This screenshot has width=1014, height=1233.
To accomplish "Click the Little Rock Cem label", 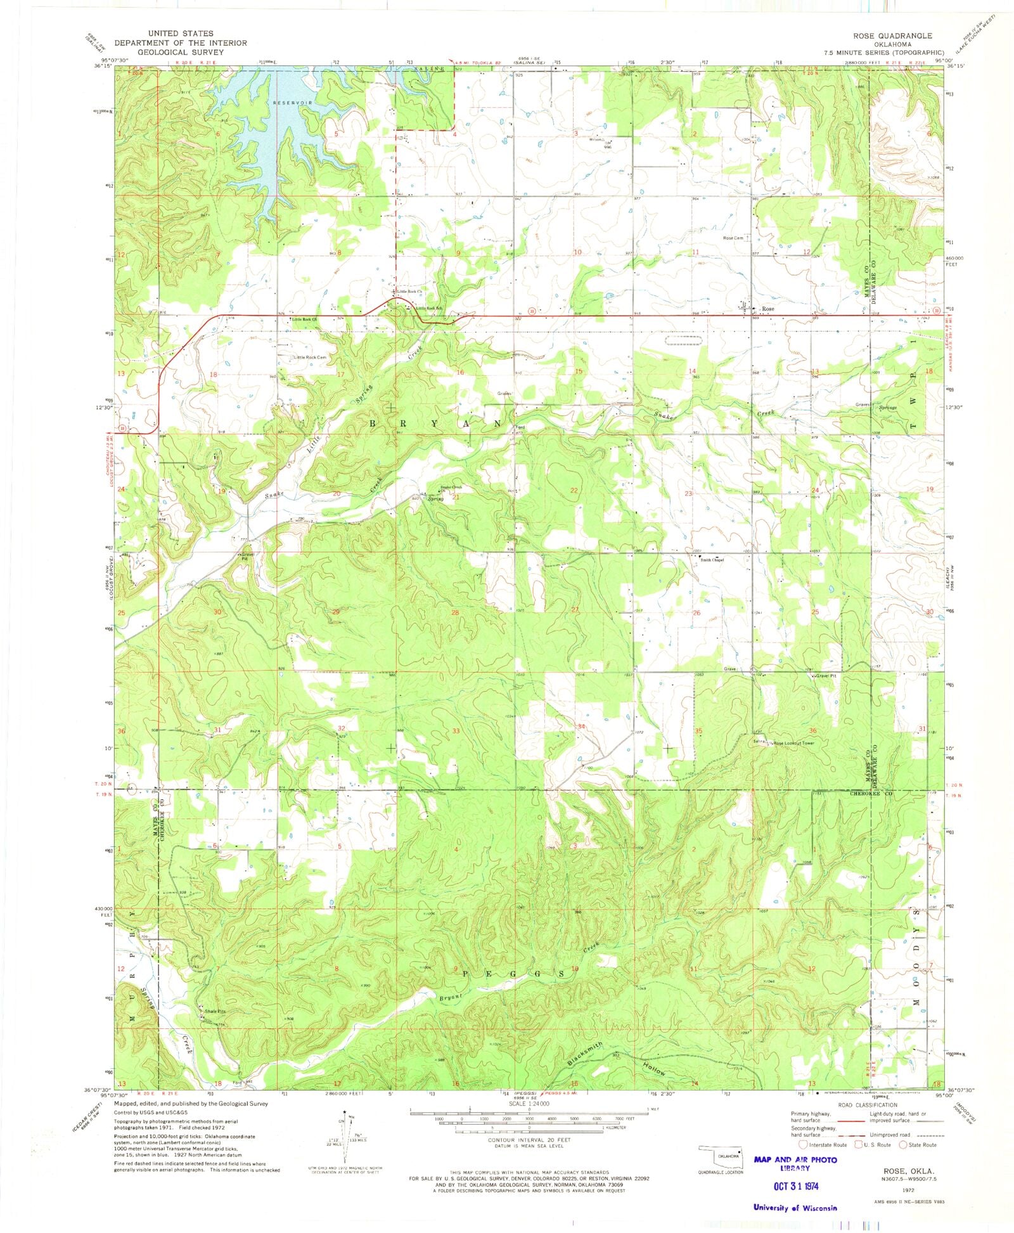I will point(310,358).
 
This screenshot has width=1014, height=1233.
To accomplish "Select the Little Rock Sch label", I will point(428,308).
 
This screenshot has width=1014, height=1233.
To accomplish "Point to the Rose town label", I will point(768,309).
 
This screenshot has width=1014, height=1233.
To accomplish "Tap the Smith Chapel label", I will point(712,560).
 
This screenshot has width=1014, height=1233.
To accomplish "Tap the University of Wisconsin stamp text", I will point(795,1208).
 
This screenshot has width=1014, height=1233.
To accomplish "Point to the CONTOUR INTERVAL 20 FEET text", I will point(529,1140).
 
